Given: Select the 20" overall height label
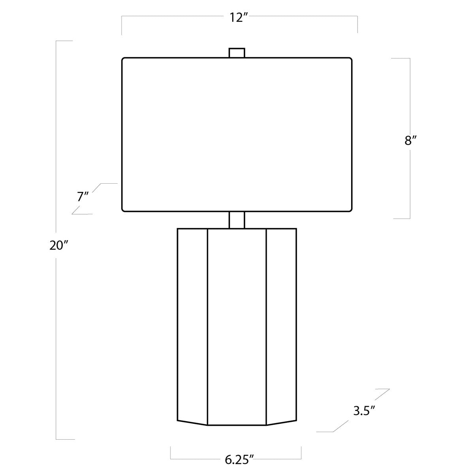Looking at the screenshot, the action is (58, 245).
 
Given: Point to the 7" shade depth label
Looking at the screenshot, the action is (83, 197).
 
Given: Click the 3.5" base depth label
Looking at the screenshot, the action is (364, 410).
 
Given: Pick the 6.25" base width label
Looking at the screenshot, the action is (239, 460).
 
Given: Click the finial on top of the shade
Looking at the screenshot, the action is (237, 53).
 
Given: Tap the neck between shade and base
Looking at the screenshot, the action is (237, 220).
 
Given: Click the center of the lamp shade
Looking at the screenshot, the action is (237, 135).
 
